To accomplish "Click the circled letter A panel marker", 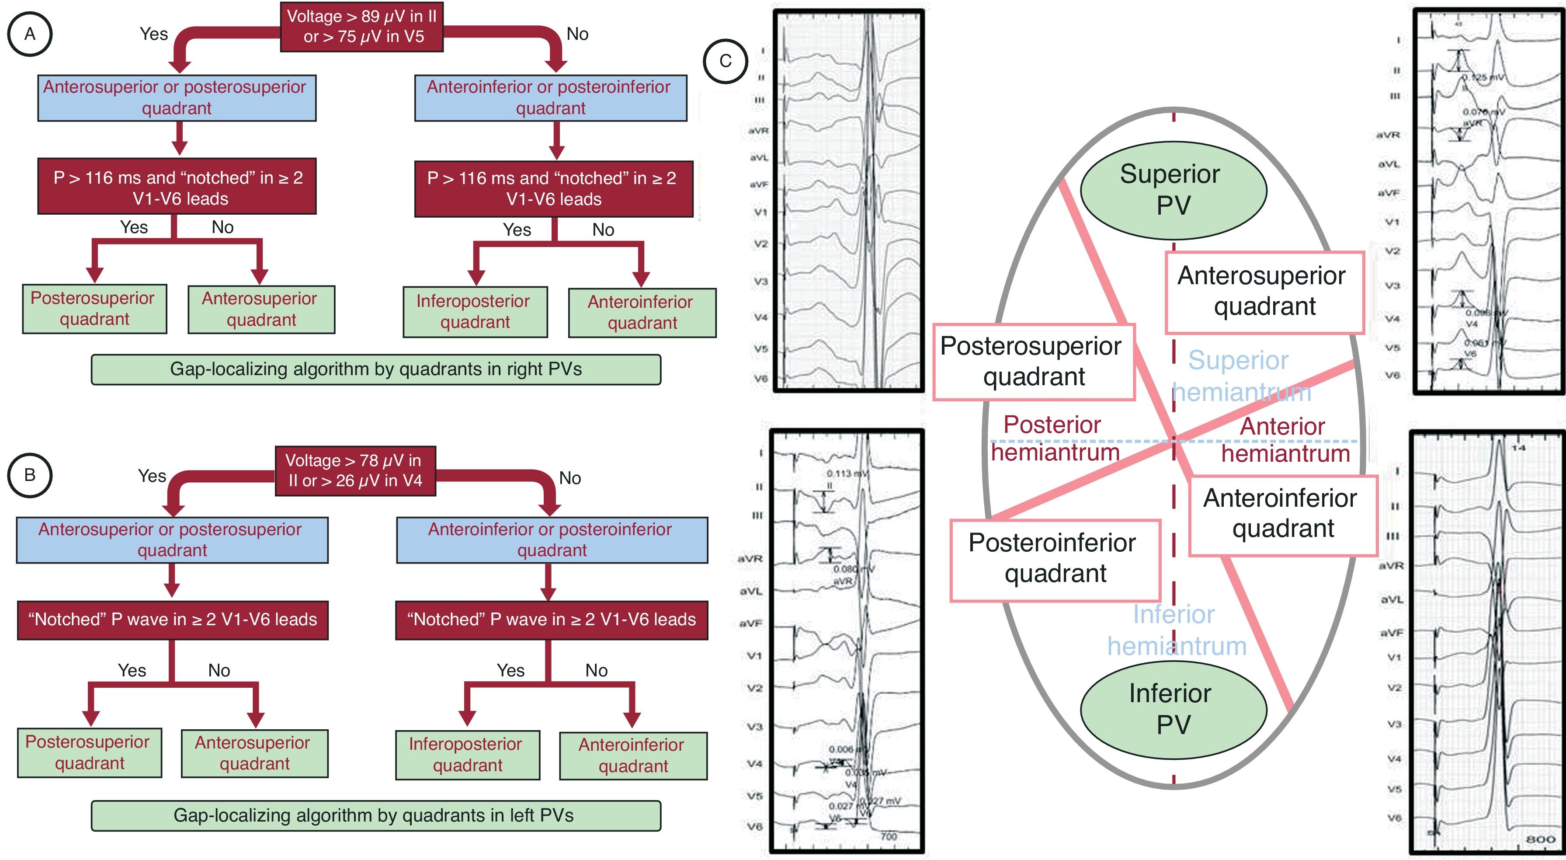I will pyautogui.click(x=29, y=34).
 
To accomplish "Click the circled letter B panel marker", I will pyautogui.click(x=29, y=475).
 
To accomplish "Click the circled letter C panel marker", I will pyautogui.click(x=725, y=61).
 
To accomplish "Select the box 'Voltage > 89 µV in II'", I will pyautogui.click(x=362, y=26).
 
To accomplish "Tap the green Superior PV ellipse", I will pyautogui.click(x=1173, y=190).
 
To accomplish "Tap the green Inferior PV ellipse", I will pyautogui.click(x=1173, y=709).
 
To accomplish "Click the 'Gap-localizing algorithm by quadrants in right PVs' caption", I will pyautogui.click(x=376, y=369).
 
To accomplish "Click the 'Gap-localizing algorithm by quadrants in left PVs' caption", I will pyautogui.click(x=376, y=815).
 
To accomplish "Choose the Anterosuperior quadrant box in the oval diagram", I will pyautogui.click(x=1264, y=292).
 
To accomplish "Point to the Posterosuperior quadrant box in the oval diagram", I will pyautogui.click(x=1034, y=362).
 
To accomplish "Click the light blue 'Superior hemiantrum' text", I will pyautogui.click(x=1240, y=376).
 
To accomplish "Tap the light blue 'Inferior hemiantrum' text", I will pyautogui.click(x=1176, y=630).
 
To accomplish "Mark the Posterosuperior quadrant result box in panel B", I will pyautogui.click(x=89, y=752).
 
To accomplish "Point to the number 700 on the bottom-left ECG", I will pyautogui.click(x=888, y=836).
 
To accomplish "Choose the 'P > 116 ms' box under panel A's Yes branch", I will pyautogui.click(x=177, y=187).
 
